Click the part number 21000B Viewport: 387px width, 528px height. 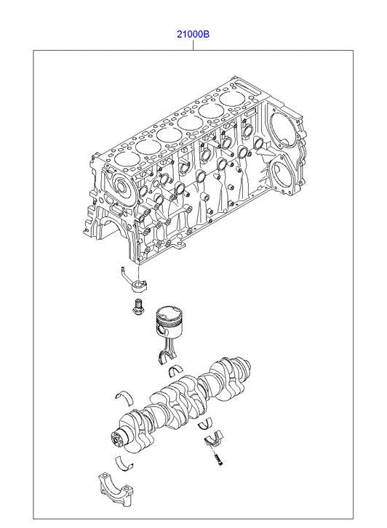point(193,34)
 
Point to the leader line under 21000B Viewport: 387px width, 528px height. point(193,45)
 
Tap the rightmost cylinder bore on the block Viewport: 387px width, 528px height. point(231,99)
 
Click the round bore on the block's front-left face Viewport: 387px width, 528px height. point(121,185)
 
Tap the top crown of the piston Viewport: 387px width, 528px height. point(168,314)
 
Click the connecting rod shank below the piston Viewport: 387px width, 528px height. point(168,346)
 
